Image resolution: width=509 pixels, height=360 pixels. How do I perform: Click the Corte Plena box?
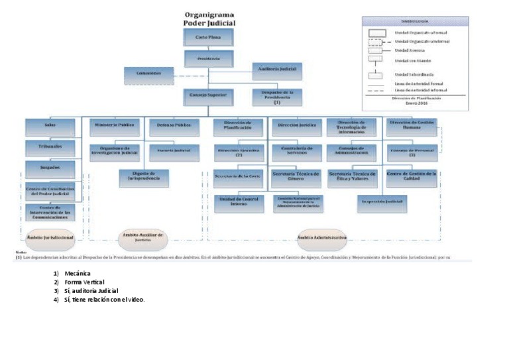coord(208,38)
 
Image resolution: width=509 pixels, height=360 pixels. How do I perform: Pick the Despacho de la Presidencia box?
coord(277,97)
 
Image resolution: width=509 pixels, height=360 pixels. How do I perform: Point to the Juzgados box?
coord(50,168)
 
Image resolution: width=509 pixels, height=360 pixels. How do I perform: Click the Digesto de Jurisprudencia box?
coord(143,177)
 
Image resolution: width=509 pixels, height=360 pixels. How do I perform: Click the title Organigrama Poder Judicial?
coord(209,19)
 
